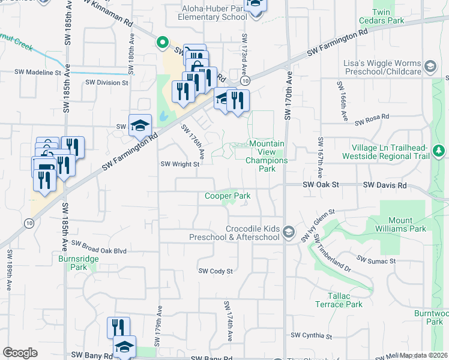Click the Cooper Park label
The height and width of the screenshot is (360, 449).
coord(228,196)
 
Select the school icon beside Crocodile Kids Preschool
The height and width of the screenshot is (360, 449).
coord(289,232)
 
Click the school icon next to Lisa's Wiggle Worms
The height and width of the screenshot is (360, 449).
coord(429,66)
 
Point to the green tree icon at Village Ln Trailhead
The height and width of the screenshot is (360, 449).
coord(439,150)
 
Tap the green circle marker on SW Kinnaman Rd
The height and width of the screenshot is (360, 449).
coord(161,42)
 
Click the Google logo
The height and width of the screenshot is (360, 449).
coord(20,353)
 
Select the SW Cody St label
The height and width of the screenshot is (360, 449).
coord(215,271)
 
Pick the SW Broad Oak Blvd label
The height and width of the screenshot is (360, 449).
coord(99,244)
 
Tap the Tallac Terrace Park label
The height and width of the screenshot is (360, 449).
coord(337,300)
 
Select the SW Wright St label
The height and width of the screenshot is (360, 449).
coord(179,164)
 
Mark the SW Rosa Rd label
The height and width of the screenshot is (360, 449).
coord(372,121)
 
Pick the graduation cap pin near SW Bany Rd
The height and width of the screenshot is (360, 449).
coord(125,347)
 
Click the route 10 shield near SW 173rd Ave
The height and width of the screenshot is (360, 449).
coord(245,80)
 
